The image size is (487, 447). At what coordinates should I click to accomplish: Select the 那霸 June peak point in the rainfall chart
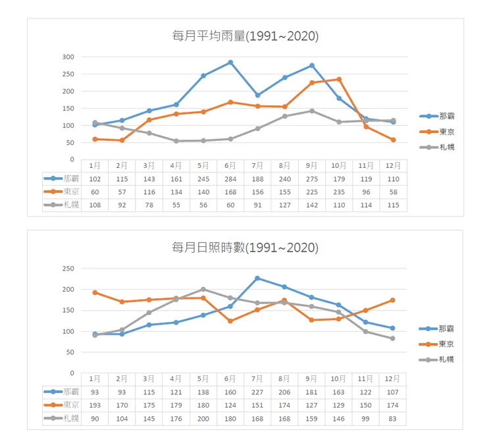pyautogui.click(x=230, y=63)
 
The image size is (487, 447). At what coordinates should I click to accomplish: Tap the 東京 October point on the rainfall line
pyautogui.click(x=339, y=79)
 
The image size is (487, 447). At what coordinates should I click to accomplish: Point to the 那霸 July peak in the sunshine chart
pyautogui.click(x=257, y=278)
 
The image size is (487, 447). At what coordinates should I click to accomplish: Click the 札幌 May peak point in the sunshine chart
pyautogui.click(x=203, y=289)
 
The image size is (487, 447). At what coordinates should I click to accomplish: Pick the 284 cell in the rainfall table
pyautogui.click(x=230, y=178)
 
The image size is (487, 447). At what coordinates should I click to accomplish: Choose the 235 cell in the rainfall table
pyautogui.click(x=339, y=192)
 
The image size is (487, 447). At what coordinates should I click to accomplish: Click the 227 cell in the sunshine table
pyautogui.click(x=257, y=392)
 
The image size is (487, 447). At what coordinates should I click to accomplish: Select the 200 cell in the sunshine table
pyautogui.click(x=203, y=418)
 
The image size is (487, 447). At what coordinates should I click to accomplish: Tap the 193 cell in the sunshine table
pyautogui.click(x=95, y=405)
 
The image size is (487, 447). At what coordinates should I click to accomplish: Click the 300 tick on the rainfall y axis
pyautogui.click(x=68, y=57)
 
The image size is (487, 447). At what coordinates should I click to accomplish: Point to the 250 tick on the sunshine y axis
pyautogui.click(x=68, y=269)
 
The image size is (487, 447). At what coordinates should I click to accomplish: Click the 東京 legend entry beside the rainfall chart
pyautogui.click(x=446, y=132)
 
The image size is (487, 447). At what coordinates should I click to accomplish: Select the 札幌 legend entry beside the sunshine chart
pyautogui.click(x=446, y=359)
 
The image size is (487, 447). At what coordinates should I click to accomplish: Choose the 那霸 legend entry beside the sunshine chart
pyautogui.click(x=446, y=329)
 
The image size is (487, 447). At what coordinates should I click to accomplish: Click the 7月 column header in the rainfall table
pyautogui.click(x=257, y=165)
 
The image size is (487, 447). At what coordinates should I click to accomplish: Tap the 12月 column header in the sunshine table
pyautogui.click(x=393, y=379)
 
